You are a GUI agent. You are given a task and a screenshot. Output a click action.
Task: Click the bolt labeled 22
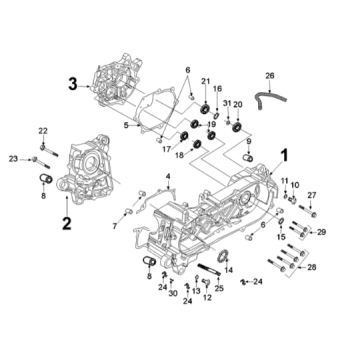(43, 146)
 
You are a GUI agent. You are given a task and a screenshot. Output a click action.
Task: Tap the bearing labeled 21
(205, 107)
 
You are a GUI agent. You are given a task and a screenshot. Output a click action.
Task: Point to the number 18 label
(178, 157)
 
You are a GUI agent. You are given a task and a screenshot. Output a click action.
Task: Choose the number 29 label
(321, 232)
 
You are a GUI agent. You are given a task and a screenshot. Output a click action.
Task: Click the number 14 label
(227, 271)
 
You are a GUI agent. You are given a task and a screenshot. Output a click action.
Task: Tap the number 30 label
(172, 295)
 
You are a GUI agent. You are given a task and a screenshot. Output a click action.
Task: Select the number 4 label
(168, 176)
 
